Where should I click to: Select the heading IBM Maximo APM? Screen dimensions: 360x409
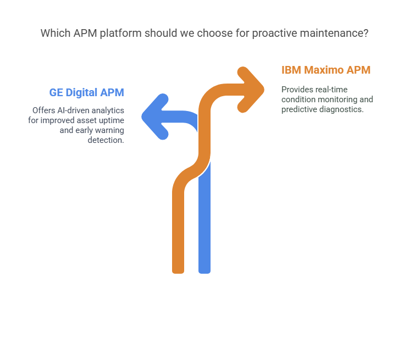click(x=326, y=70)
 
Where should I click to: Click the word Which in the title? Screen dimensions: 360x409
click(x=55, y=33)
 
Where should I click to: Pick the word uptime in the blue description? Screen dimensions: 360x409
click(x=109, y=120)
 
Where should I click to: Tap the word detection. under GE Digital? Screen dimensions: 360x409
click(x=106, y=140)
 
